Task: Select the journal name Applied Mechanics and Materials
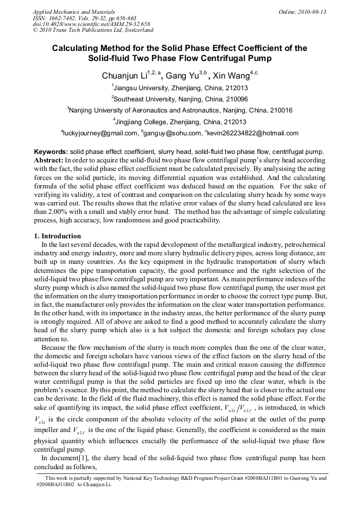[74, 12]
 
